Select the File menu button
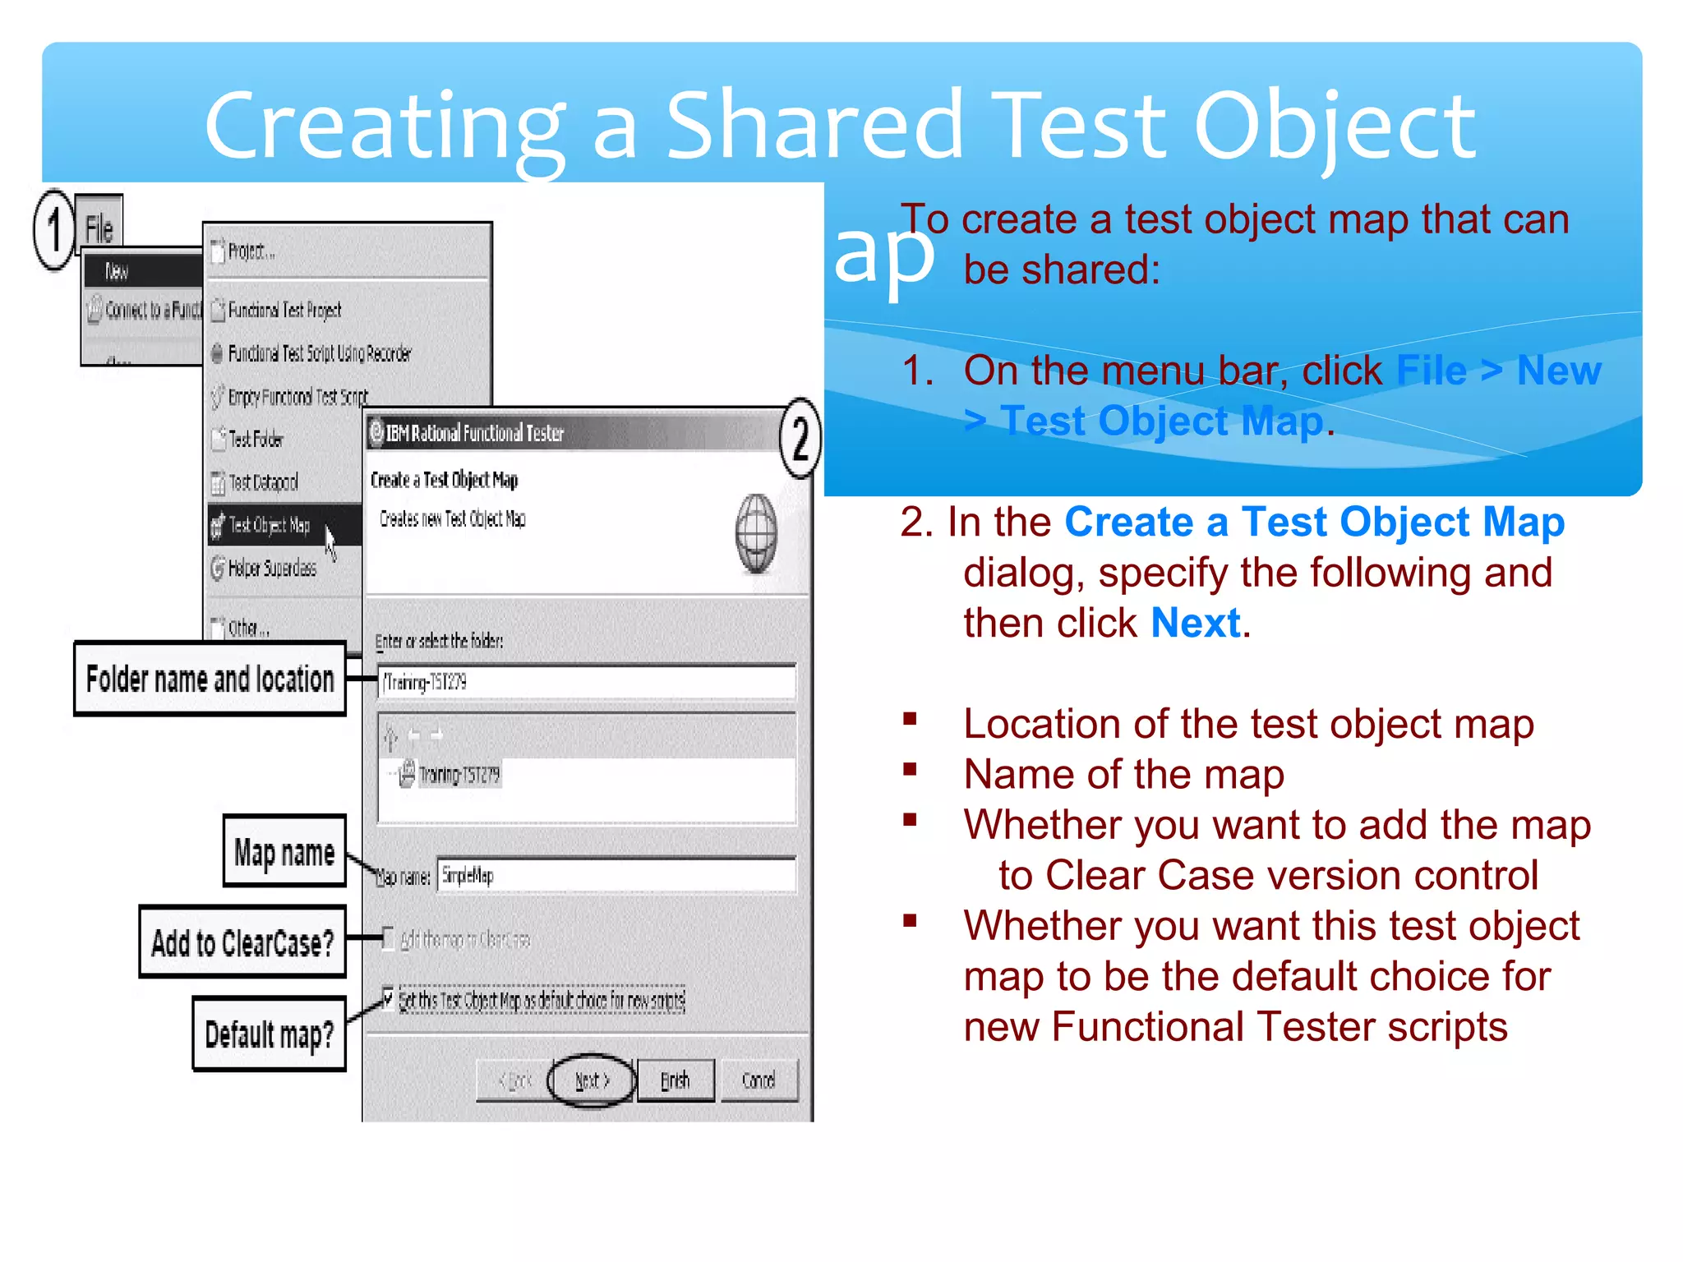[99, 228]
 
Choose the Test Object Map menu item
[270, 525]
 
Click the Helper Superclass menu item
[272, 568]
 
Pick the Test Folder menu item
[256, 440]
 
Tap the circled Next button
[592, 1080]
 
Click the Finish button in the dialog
[676, 1080]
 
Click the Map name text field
[616, 875]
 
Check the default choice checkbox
[388, 998]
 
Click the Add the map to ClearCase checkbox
[388, 938]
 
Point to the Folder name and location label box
[210, 679]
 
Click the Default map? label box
[270, 1034]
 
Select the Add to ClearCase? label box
[242, 942]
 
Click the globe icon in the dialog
[756, 533]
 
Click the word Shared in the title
[814, 125]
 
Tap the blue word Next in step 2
[1196, 623]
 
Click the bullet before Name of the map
[910, 771]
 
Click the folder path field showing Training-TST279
[586, 682]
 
